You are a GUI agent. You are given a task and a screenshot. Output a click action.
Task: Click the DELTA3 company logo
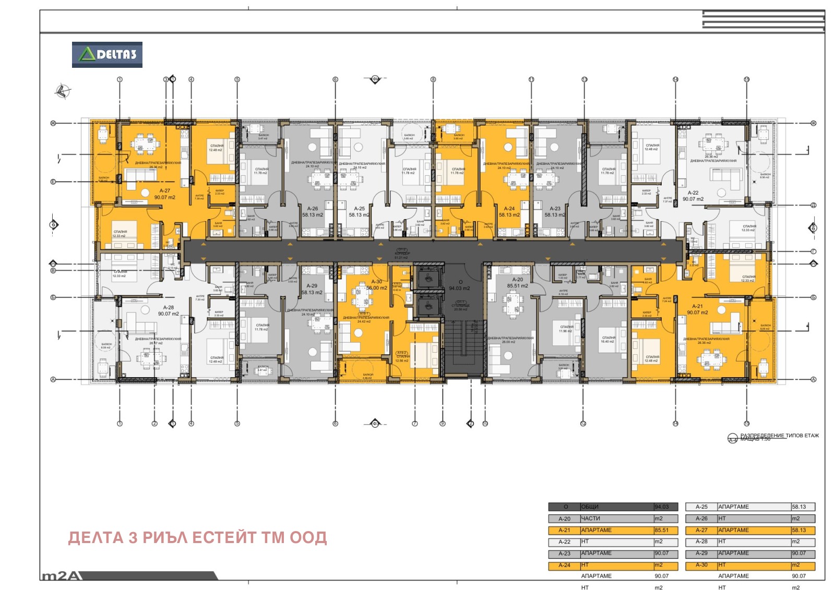coord(107,55)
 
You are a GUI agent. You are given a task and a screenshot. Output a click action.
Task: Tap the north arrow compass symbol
coord(63,91)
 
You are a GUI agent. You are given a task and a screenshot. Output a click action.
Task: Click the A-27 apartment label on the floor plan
coord(165,191)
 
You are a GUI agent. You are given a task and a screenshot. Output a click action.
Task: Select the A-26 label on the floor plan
coord(313,209)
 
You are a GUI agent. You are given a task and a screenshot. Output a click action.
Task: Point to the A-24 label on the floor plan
coord(509,209)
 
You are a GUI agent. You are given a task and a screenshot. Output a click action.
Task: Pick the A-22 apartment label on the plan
coord(693,193)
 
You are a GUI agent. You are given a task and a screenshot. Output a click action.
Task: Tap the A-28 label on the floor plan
coord(169,308)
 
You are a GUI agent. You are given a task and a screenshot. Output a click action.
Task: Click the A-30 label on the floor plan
coord(376,282)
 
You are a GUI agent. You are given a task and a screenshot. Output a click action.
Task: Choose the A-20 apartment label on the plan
coord(517,280)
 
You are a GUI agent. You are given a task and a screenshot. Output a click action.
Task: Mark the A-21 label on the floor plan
coord(697,307)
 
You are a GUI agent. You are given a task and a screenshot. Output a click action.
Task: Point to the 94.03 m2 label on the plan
coord(459,288)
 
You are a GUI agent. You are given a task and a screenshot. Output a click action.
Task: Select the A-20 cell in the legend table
coord(564,519)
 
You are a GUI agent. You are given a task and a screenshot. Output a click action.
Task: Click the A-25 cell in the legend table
coord(701,507)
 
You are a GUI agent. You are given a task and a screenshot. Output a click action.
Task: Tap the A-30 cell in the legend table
coord(701,565)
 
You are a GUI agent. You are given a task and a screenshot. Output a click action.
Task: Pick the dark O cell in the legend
coord(564,507)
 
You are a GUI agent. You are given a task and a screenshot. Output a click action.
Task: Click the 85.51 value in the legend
coord(662,531)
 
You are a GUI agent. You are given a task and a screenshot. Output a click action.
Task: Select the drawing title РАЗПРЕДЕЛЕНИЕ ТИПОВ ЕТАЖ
coord(780,436)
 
